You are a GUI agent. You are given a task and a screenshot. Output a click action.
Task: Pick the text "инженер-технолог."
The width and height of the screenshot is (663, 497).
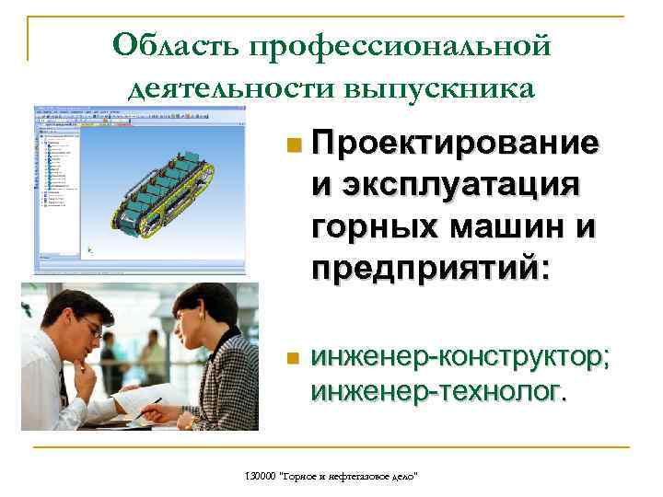(439, 394)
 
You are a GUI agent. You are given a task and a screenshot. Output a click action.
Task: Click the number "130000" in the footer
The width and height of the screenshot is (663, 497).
(262, 475)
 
